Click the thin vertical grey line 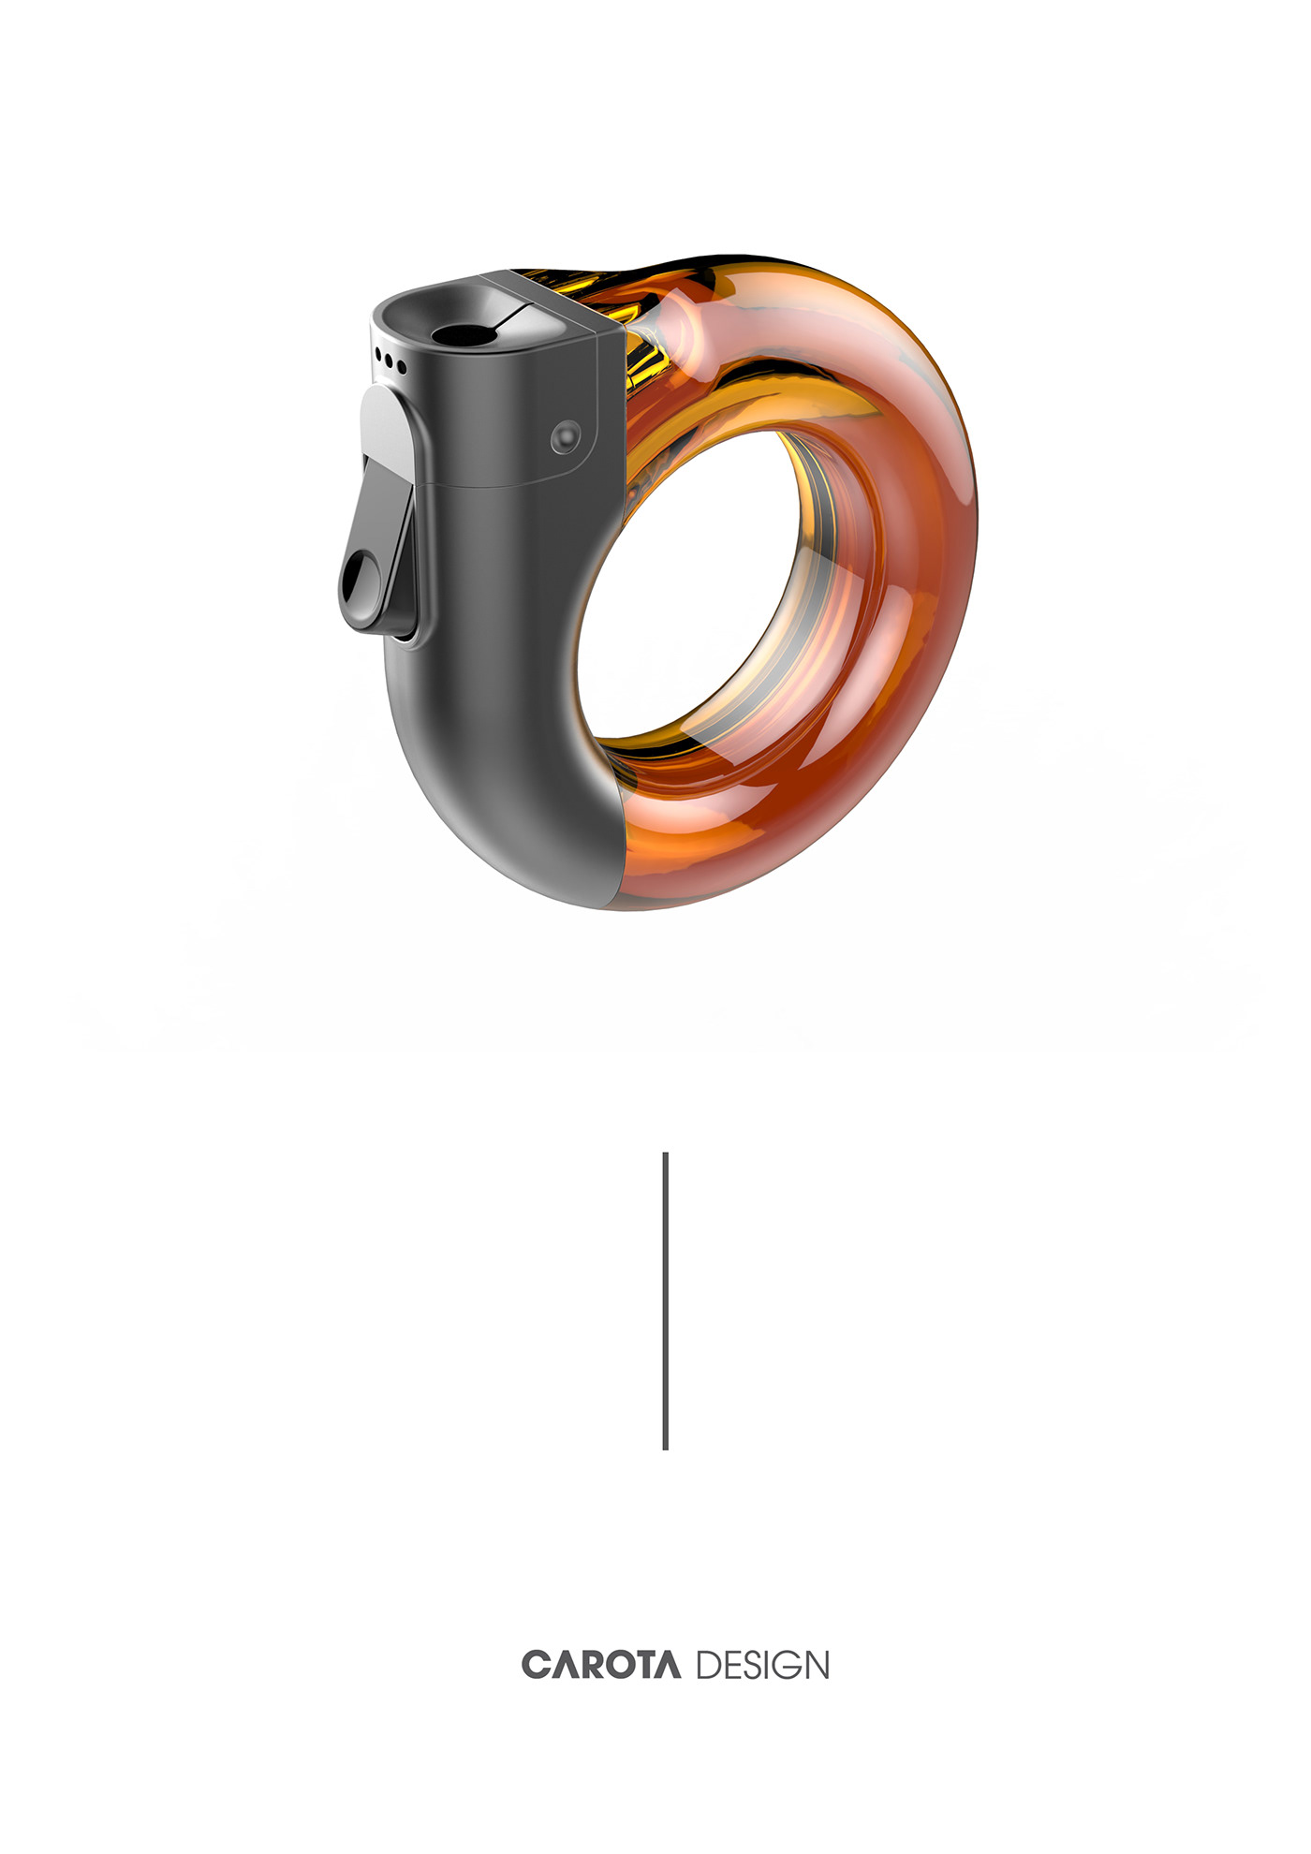click(x=665, y=1302)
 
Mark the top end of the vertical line click(x=665, y=1155)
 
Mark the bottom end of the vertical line click(x=665, y=1448)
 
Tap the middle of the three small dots click(x=390, y=361)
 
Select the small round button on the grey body click(x=566, y=434)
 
